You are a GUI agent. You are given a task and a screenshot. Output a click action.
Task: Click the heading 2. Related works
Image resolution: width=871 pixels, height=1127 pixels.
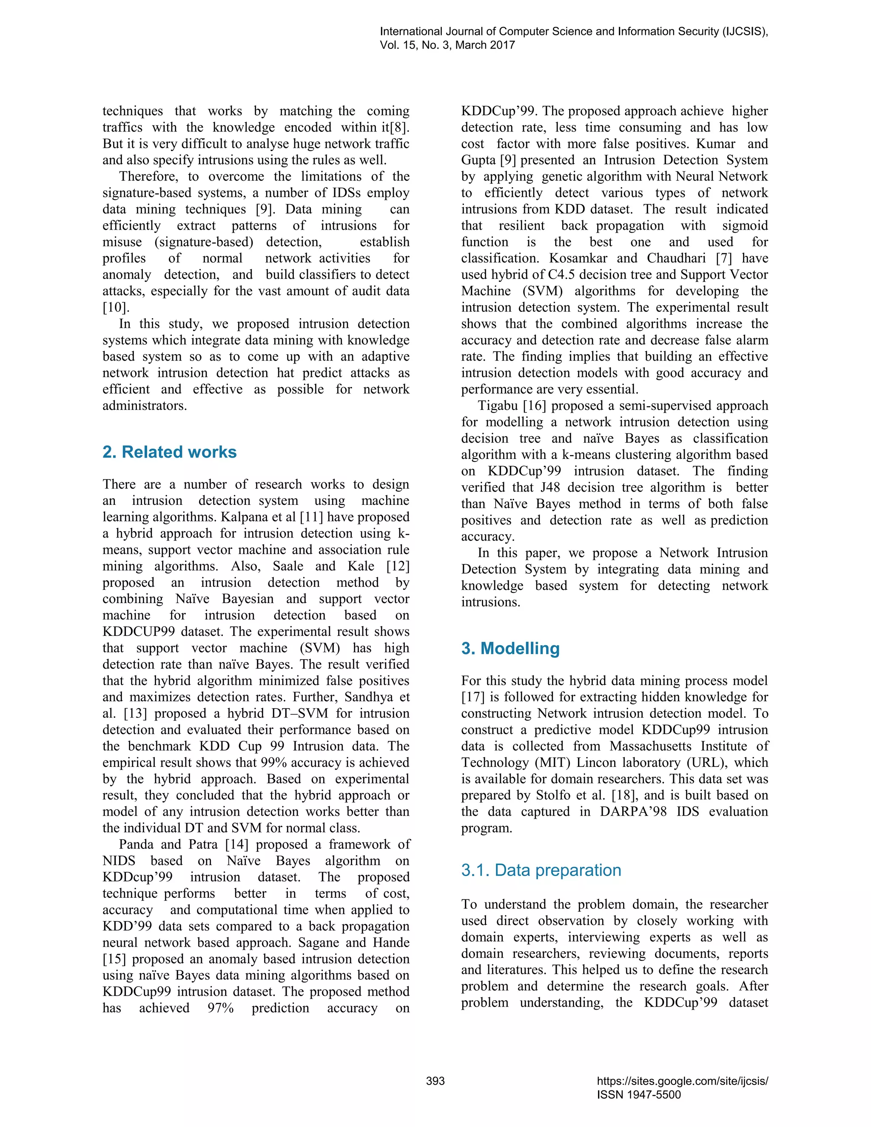[169, 452]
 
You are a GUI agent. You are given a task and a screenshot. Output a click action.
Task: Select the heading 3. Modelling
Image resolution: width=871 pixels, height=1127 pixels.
[510, 648]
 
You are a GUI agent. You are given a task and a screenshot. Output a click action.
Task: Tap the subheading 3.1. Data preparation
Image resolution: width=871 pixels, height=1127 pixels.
[541, 870]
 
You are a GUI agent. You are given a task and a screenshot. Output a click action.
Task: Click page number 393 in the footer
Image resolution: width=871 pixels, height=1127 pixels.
[435, 1081]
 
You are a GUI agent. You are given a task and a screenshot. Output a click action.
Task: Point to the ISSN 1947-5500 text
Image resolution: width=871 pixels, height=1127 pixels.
[639, 1095]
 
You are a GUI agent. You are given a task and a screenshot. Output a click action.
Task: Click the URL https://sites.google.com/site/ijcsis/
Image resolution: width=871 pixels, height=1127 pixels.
[682, 1081]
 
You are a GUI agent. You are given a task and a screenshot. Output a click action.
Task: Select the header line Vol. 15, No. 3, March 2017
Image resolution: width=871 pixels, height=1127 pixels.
[447, 45]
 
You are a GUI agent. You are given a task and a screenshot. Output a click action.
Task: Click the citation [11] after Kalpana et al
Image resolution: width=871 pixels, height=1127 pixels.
[311, 517]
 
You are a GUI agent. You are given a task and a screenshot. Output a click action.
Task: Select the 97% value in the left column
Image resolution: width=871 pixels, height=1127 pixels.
[220, 1008]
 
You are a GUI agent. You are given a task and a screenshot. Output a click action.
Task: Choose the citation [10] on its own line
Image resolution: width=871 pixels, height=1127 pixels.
[116, 307]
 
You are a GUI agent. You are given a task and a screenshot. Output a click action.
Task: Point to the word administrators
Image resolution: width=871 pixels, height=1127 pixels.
[145, 406]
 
